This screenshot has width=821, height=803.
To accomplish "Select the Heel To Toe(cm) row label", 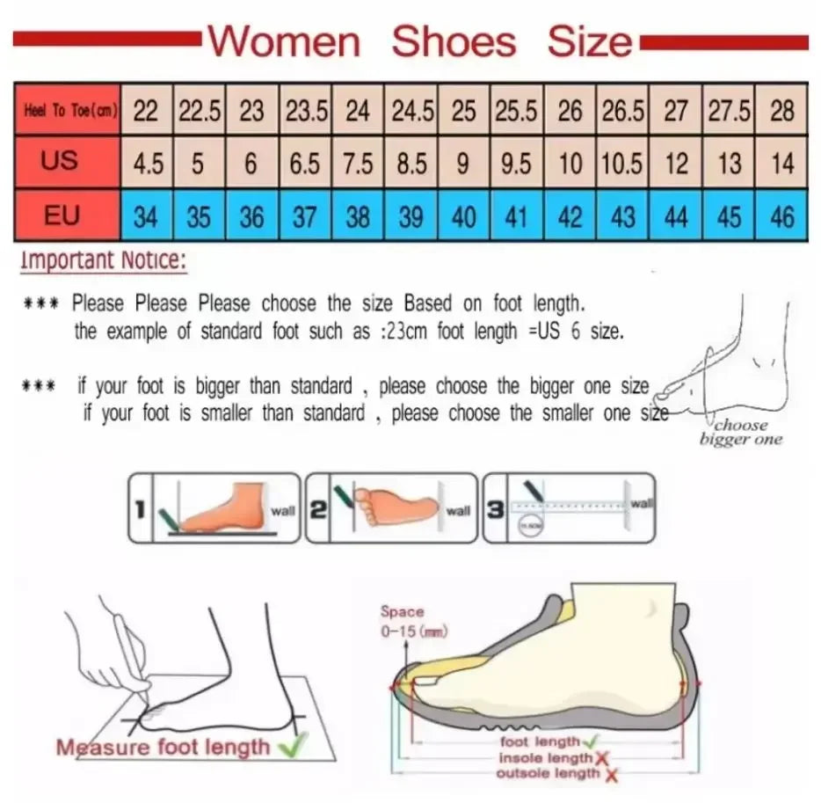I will click(67, 111).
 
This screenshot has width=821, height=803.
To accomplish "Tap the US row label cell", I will click(60, 162).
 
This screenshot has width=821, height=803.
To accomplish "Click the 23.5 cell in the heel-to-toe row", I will click(305, 111).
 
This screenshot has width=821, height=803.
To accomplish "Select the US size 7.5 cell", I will click(358, 164).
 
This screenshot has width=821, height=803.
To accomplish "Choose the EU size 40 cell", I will click(463, 216).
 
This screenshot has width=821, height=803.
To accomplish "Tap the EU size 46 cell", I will click(781, 216).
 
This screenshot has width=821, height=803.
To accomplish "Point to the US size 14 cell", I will click(781, 164).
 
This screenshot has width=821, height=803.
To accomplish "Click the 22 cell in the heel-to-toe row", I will click(146, 111).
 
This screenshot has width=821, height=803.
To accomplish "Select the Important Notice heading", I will click(103, 260).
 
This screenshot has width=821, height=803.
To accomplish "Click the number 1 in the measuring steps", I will click(140, 508).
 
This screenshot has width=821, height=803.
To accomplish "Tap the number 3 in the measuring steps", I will click(496, 508).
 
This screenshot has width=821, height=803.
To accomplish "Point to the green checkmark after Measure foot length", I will click(287, 748).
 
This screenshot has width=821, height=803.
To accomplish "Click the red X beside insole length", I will click(601, 759).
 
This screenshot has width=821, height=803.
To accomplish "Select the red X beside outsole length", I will click(611, 775).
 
